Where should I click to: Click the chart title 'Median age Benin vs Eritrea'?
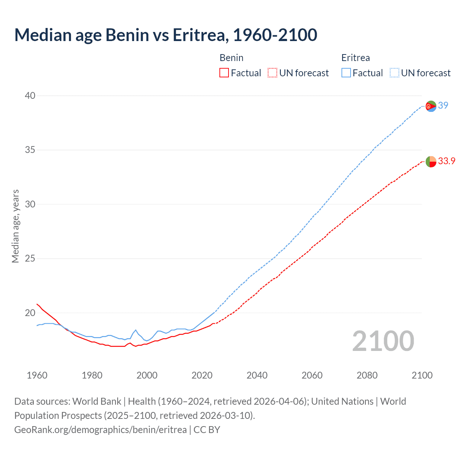point(166,35)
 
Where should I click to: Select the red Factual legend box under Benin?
point(224,73)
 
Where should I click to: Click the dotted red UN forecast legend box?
point(272,73)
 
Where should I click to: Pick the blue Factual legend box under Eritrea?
point(346,73)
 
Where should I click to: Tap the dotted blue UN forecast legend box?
point(395,73)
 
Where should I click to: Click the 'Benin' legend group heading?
point(231,58)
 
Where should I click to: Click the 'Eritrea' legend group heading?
point(355,58)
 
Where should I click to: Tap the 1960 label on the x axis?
point(37,375)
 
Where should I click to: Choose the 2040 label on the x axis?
point(257,375)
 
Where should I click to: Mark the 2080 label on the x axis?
point(367,375)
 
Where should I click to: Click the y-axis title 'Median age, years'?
point(15,226)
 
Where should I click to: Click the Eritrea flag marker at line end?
point(431,106)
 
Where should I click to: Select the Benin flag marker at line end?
point(431,161)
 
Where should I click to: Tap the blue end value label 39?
point(443,105)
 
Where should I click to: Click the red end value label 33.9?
point(446,161)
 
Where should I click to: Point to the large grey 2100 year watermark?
point(383,341)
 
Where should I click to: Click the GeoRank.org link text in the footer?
point(100,430)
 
